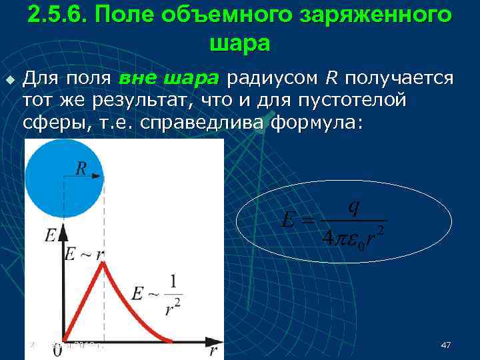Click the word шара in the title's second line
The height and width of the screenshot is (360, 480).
(240, 43)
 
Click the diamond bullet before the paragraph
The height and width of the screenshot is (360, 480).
(9, 80)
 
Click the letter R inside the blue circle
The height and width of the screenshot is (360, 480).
(81, 167)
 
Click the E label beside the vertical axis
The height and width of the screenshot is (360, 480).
(50, 235)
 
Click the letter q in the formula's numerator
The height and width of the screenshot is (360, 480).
(354, 207)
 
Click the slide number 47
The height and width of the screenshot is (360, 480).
(447, 345)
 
